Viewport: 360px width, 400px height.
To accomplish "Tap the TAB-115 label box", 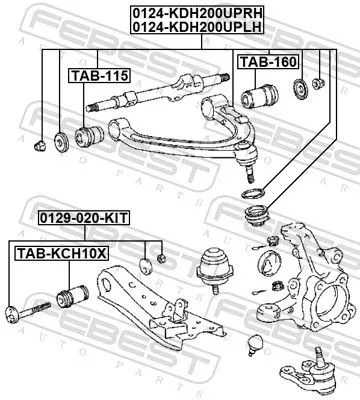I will pos(88,74).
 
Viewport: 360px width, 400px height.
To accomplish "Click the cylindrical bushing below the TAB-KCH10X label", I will pos(74,297).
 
